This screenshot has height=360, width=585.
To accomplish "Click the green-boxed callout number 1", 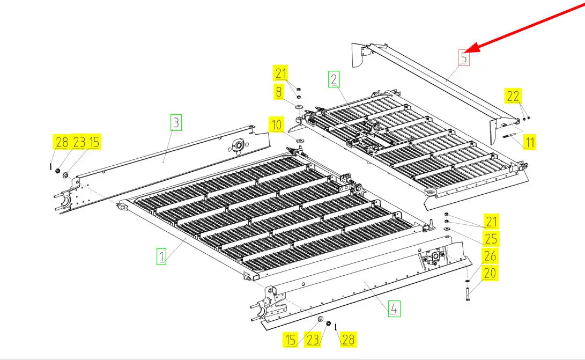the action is pyautogui.click(x=161, y=256).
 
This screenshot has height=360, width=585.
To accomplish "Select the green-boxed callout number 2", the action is pyautogui.click(x=334, y=80).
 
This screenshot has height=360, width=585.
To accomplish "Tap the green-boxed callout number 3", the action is pyautogui.click(x=176, y=122).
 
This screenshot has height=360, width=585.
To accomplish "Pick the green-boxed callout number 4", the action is pyautogui.click(x=394, y=308).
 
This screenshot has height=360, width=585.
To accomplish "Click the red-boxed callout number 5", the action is pyautogui.click(x=464, y=57).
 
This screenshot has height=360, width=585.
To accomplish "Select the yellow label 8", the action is pyautogui.click(x=279, y=92).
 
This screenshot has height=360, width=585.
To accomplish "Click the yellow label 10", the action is pyautogui.click(x=277, y=126).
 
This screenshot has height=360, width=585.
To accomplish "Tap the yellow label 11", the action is pyautogui.click(x=530, y=143).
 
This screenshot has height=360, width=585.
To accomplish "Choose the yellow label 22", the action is pyautogui.click(x=513, y=96).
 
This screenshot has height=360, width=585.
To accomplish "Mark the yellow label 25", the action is pyautogui.click(x=491, y=238).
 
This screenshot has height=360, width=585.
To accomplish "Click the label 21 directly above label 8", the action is pyautogui.click(x=282, y=74).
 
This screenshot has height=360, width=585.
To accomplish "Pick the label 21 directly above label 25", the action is pyautogui.click(x=491, y=221).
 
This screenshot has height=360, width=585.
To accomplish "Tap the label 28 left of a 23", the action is pyautogui.click(x=62, y=142).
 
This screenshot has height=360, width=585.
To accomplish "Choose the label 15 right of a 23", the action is pyautogui.click(x=94, y=142).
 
